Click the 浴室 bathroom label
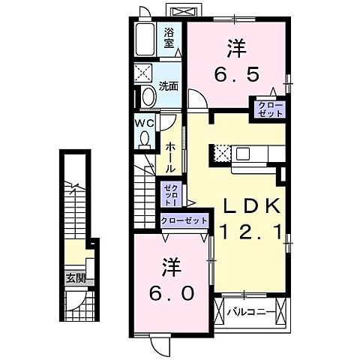[x=169, y=38]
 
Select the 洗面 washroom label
[x=169, y=86]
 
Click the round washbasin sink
[x=146, y=96]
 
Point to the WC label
[x=145, y=122]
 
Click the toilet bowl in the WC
[x=144, y=139]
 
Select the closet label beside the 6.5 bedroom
[x=270, y=108]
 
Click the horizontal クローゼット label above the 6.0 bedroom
[x=184, y=221]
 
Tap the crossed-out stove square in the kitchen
[x=221, y=154]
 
